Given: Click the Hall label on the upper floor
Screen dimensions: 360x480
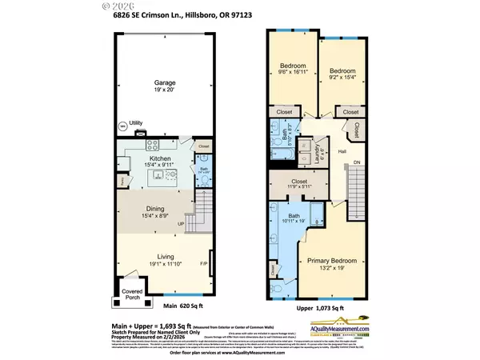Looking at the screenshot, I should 341,150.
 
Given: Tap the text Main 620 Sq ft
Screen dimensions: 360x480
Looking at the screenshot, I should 181,306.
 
